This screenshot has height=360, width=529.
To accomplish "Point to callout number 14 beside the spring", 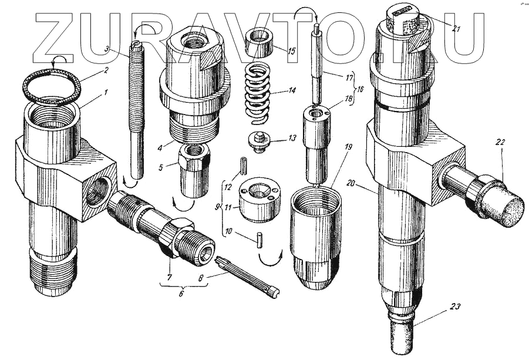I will [292, 91].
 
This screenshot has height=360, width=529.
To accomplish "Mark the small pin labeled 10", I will [259, 237].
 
